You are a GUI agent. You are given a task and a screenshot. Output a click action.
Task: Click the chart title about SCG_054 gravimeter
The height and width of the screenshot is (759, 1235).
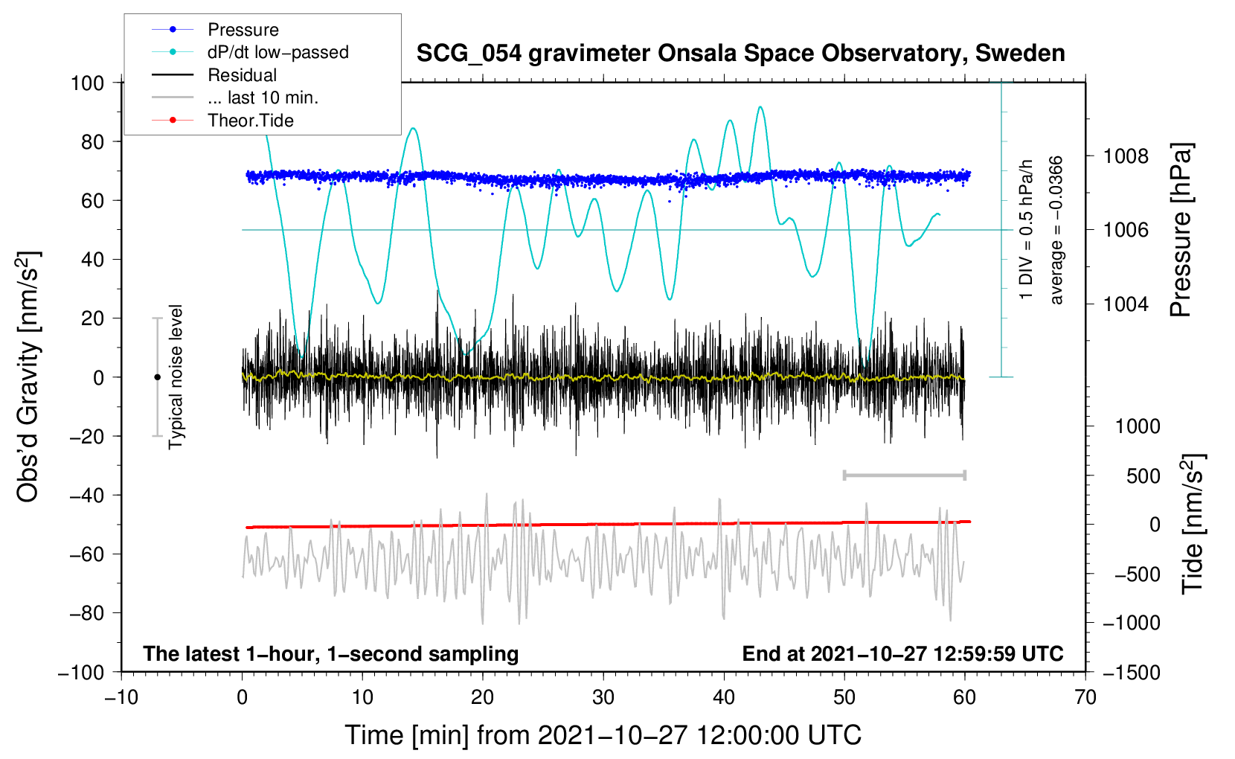coord(740,54)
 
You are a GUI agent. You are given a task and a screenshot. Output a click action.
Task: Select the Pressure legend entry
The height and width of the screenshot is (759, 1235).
coord(243,30)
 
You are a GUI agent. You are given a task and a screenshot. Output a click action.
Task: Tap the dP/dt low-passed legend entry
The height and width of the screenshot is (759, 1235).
coord(278,52)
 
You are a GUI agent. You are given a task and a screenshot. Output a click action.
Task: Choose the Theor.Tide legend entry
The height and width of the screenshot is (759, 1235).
coord(250,121)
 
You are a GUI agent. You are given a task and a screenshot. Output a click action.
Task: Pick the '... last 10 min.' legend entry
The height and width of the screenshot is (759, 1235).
coord(263,97)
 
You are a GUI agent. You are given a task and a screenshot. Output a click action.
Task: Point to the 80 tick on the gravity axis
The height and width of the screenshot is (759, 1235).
coord(92,141)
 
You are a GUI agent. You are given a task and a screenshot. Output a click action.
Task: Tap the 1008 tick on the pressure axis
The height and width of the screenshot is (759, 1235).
coord(1126,156)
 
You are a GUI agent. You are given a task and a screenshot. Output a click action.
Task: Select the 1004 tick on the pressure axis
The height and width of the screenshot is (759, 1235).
coord(1126,304)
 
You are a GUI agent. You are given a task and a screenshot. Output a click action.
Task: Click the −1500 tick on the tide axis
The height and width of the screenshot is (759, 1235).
coord(1131,673)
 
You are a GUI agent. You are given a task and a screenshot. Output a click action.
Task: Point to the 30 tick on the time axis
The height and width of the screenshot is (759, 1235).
coord(603,698)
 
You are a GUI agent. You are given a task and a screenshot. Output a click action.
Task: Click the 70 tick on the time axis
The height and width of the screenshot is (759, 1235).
coord(1085,698)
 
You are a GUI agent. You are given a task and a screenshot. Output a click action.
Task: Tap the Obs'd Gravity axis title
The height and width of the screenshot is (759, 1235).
coord(28,377)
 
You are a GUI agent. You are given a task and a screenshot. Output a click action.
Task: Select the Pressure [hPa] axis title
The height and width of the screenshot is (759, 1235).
coord(1181,231)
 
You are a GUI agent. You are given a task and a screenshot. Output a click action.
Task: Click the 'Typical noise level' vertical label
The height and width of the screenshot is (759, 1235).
coord(176,377)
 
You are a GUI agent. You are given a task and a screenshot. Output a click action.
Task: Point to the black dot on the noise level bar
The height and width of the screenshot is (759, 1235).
coord(157,377)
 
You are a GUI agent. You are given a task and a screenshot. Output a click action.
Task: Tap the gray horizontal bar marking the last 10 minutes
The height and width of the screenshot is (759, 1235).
coord(904,475)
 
